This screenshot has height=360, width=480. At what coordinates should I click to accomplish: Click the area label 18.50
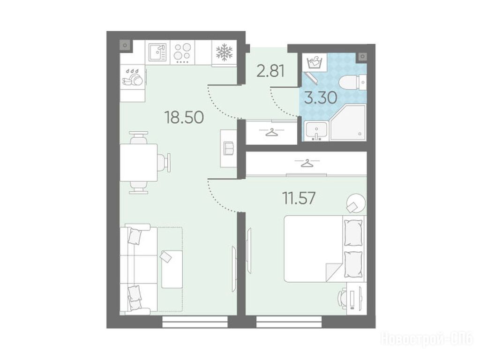pos(184,117)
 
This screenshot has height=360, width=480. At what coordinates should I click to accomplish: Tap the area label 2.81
pos(270,71)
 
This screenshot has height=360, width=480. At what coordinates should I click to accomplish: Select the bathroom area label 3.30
pos(321,98)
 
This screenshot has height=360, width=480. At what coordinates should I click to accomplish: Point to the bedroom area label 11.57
pos(299,198)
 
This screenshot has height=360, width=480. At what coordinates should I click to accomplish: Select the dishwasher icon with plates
pos(133,77)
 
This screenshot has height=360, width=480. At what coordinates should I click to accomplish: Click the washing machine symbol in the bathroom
pos(315,63)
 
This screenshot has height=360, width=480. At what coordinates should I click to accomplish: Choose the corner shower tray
pos(348,123)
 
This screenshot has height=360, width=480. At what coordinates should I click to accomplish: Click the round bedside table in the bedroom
pos(356,202)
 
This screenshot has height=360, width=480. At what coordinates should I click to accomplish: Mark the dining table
pos(139,162)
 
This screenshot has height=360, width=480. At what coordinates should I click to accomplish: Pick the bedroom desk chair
pos(342,298)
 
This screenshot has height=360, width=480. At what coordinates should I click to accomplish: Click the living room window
pos(195,322)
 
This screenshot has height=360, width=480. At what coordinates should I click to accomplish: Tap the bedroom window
pos(289,322)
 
